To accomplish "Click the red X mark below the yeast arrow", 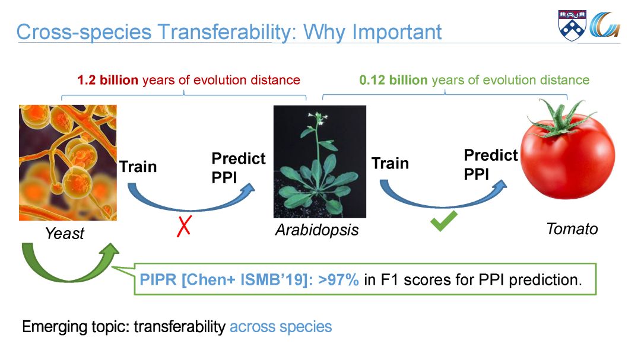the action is coord(184,226).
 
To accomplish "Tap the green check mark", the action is coord(443,221).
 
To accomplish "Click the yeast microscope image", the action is coord(68,163).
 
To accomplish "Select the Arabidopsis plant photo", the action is coord(320,161).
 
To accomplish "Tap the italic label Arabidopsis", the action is coord(317,230).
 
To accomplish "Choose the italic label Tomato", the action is coord(572,229).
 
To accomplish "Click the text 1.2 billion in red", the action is coord(108,79).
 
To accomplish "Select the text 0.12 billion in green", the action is coord(394,79).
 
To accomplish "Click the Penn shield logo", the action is coord(572,26).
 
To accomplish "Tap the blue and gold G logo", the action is coord(605,25).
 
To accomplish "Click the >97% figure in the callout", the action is coord(338,280).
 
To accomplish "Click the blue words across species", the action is coord(281,327).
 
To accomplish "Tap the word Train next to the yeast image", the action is coord(138,167).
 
